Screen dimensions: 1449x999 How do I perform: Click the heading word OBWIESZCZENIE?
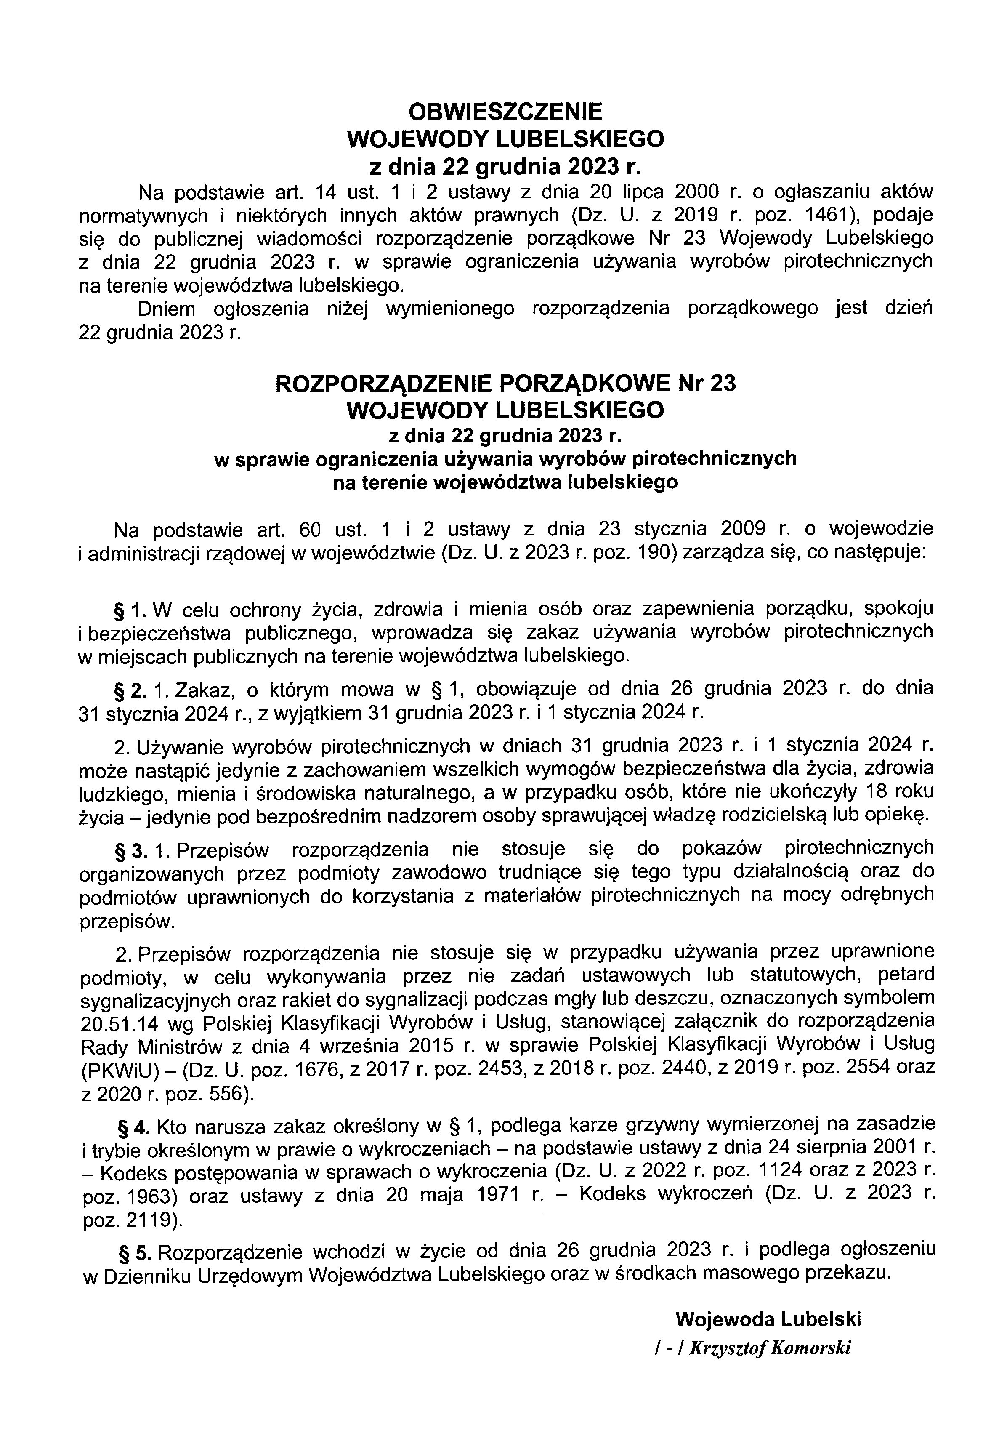[x=505, y=112]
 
